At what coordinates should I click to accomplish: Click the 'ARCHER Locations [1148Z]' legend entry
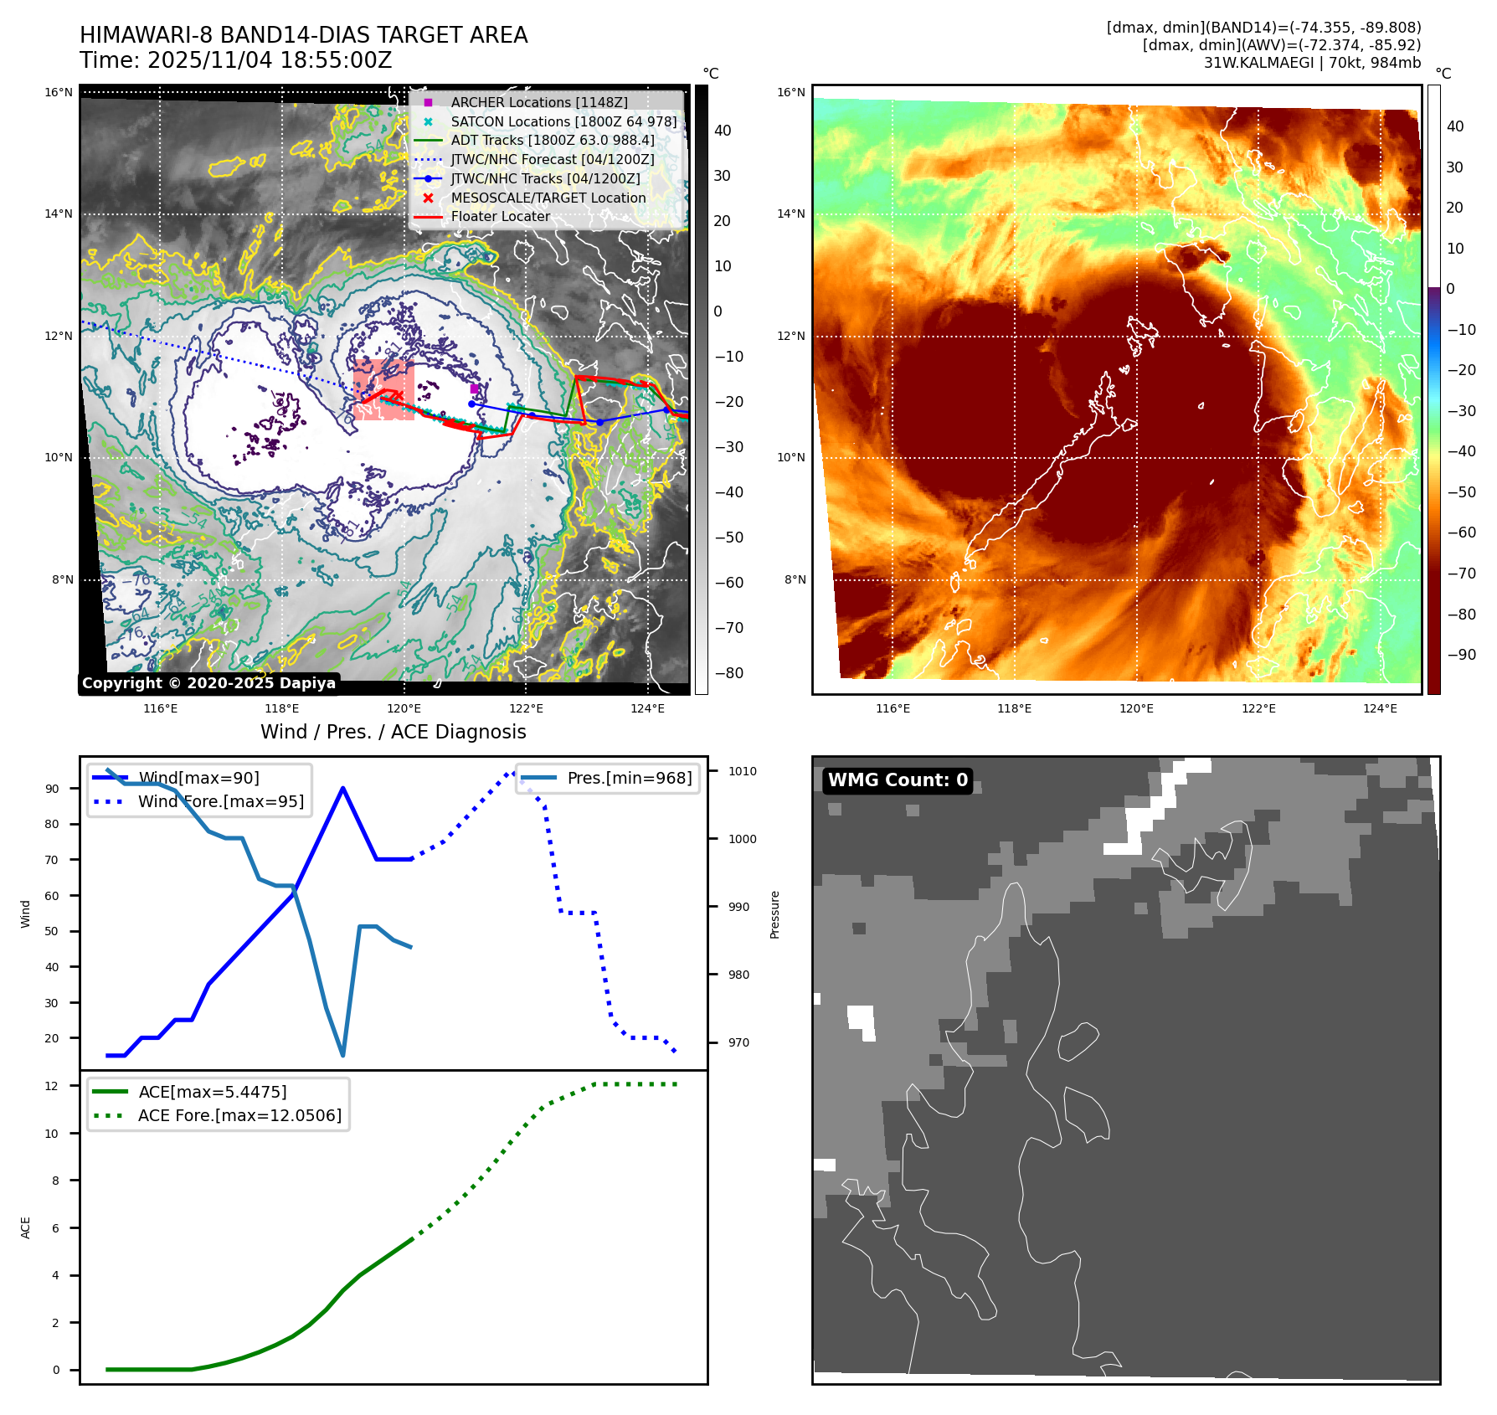pos(538,102)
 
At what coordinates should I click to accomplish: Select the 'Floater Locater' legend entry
pos(500,217)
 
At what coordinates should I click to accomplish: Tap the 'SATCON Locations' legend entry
pos(563,121)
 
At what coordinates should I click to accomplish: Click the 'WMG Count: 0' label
pos(898,780)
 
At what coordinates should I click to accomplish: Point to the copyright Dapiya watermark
pos(208,683)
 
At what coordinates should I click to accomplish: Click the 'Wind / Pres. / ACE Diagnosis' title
pos(393,732)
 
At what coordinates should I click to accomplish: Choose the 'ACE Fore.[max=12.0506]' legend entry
pos(239,1115)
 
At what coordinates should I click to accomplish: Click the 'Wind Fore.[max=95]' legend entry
pos(221,801)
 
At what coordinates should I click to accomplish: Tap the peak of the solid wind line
pos(343,788)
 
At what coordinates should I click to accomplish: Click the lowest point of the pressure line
pos(343,1055)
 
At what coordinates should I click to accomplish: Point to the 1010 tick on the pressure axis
pos(742,771)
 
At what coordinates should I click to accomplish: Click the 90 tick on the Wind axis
pos(53,789)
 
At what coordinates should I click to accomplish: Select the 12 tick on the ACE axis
pos(52,1086)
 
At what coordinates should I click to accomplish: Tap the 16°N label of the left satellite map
pos(59,93)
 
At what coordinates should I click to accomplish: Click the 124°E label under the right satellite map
pos(1380,708)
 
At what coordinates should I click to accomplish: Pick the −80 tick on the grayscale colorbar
pos(728,673)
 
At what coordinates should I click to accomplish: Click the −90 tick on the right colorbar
pos(1461,655)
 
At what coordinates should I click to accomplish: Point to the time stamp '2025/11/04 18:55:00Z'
pos(270,61)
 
